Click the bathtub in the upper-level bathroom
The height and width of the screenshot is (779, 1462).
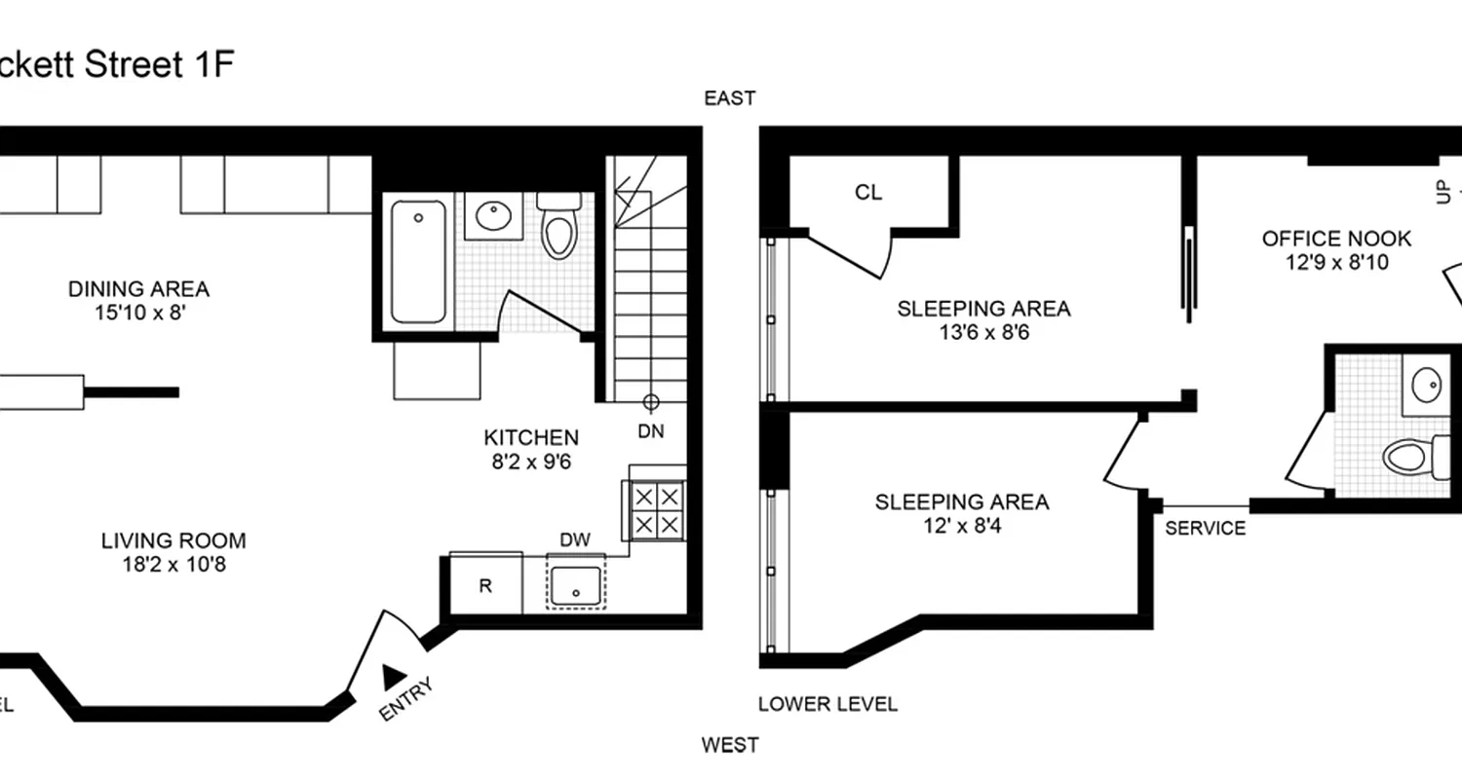419,261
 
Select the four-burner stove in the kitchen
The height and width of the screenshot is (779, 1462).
655,510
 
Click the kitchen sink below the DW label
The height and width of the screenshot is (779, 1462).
576,582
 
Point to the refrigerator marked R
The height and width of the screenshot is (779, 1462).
484,584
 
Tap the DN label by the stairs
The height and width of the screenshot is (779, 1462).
651,430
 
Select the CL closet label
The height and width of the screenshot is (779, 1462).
868,193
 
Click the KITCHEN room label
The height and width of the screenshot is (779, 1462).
531,438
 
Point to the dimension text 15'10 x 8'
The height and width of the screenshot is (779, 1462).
138,313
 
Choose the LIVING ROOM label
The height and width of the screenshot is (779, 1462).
173,540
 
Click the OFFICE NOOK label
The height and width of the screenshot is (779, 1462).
1336,239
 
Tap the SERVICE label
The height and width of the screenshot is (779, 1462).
1206,529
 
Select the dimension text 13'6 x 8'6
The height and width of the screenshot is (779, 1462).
983,333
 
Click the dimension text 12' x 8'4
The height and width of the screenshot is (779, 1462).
961,527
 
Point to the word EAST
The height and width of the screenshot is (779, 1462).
730,98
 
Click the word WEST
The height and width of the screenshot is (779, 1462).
730,746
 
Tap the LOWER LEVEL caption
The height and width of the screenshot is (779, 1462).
827,704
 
